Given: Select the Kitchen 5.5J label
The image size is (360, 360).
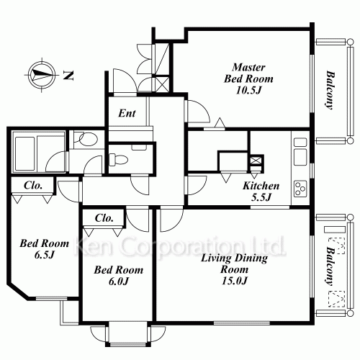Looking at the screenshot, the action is [261, 192].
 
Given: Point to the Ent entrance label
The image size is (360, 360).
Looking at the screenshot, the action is [127, 113].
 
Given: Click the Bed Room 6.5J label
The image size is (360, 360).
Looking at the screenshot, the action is [44, 249].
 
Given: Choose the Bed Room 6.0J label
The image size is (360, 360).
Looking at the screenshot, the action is [119, 275].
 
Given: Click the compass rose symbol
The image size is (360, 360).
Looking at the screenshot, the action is [42, 75].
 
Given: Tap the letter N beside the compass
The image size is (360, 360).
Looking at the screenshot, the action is [68, 75].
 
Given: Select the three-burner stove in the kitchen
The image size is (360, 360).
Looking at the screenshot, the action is [300, 189].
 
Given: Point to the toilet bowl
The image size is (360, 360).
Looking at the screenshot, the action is [118, 159].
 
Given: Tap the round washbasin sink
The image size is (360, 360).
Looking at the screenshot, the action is [88, 139].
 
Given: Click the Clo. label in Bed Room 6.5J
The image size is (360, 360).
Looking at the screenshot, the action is [33, 185].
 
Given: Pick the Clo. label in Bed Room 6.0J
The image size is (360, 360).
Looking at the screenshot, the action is [104, 218].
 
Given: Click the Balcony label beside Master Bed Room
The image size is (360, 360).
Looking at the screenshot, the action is [330, 90].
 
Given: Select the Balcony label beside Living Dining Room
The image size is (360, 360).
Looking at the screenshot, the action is [330, 266].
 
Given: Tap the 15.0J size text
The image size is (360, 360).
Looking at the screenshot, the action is [234, 281].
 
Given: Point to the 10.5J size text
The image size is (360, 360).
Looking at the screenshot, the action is [248, 91].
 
